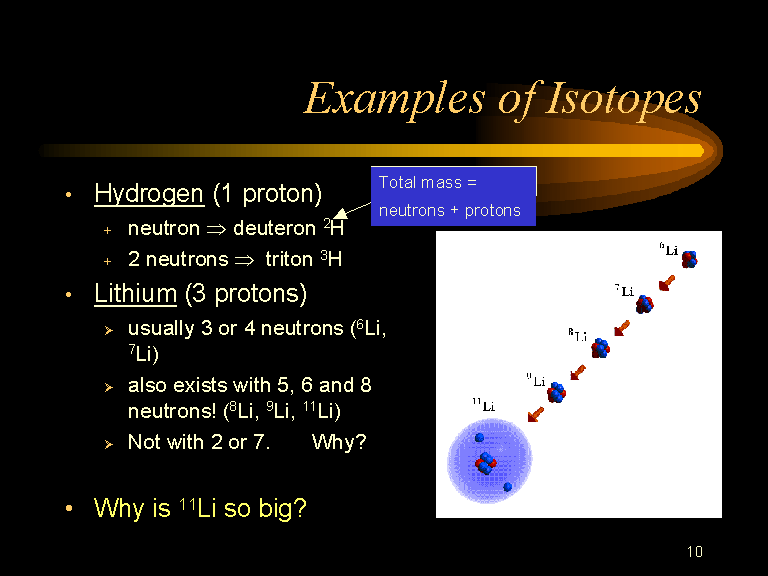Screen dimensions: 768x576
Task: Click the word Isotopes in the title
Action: pos(623,99)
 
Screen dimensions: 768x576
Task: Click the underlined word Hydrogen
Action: pos(149,194)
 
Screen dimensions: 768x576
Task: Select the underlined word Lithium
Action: pos(135,293)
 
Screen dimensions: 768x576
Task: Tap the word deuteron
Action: pos(274,228)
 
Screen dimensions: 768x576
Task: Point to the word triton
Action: pos(289,259)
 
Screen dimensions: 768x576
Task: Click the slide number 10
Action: pos(695,552)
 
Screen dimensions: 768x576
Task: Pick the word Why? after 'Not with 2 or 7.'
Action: pos(339,442)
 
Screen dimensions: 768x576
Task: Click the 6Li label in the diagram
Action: pos(669,250)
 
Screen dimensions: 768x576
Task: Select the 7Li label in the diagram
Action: pos(624,290)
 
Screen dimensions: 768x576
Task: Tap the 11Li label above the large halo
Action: pos(484,405)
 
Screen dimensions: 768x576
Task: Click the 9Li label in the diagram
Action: pos(535,380)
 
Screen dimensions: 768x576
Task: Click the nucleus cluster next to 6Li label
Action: pos(690,259)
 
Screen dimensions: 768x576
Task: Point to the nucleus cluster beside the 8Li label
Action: pos(600,348)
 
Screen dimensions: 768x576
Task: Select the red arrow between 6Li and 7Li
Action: pos(667,283)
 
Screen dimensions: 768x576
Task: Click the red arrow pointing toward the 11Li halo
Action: pos(535,414)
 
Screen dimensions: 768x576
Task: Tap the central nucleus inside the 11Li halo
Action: pos(485,463)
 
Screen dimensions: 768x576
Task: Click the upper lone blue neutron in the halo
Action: pos(480,437)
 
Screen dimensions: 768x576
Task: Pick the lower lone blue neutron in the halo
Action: pos(507,487)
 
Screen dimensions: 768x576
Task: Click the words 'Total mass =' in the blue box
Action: pos(428,183)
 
